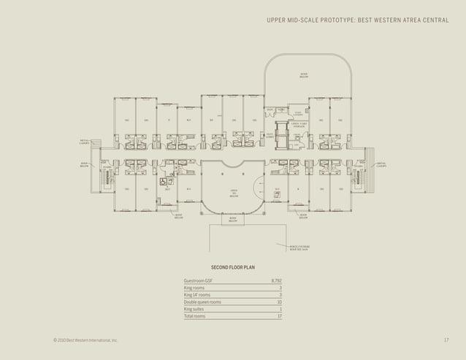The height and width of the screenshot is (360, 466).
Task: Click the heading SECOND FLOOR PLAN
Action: (232, 268)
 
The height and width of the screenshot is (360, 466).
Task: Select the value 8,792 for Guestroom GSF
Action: (275, 280)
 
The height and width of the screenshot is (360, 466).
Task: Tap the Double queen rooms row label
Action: (202, 302)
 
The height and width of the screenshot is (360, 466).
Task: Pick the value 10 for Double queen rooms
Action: (278, 302)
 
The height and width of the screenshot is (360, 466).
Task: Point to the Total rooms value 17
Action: (278, 316)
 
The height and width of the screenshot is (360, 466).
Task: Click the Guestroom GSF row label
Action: (198, 280)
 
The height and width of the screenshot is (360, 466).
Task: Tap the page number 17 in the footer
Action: (446, 340)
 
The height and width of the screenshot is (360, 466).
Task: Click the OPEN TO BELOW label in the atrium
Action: (234, 193)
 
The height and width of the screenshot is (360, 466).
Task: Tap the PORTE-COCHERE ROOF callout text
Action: (300, 248)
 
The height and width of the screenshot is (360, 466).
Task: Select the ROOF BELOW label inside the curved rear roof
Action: (303, 76)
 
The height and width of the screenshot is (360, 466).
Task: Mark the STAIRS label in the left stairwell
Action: (107, 167)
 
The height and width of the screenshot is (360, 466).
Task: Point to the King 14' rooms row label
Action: (197, 294)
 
